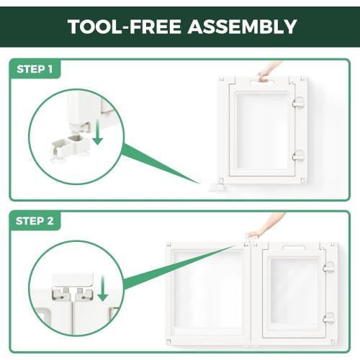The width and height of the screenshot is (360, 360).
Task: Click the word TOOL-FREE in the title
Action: coord(125,27)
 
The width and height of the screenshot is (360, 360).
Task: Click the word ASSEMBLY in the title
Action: coord(242,27)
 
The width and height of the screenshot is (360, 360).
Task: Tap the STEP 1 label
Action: coord(35,69)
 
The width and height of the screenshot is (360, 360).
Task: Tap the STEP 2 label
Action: coord(35,221)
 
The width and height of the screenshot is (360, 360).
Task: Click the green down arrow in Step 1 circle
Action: coord(97,132)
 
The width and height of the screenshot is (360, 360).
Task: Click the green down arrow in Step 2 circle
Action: coord(103,288)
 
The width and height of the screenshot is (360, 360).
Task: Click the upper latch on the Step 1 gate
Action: coord(298,102)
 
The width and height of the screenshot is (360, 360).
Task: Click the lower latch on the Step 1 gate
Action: coord(298,156)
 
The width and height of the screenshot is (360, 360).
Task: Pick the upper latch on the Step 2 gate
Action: coord(328,267)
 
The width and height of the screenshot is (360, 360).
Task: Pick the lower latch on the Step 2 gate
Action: coord(328,318)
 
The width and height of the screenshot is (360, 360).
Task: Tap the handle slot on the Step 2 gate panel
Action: coord(294,248)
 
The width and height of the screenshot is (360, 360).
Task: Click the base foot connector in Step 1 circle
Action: coord(71,146)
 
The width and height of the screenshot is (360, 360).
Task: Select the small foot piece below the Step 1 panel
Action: coord(217,187)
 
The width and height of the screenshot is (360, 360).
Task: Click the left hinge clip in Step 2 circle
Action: coord(60,294)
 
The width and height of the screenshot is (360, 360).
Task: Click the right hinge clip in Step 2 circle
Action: coord(84,294)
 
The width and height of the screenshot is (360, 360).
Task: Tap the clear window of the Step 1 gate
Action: coord(262,131)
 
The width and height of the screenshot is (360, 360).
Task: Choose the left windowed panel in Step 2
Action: coord(208,293)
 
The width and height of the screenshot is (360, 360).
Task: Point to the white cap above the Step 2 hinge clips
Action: coord(73,280)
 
